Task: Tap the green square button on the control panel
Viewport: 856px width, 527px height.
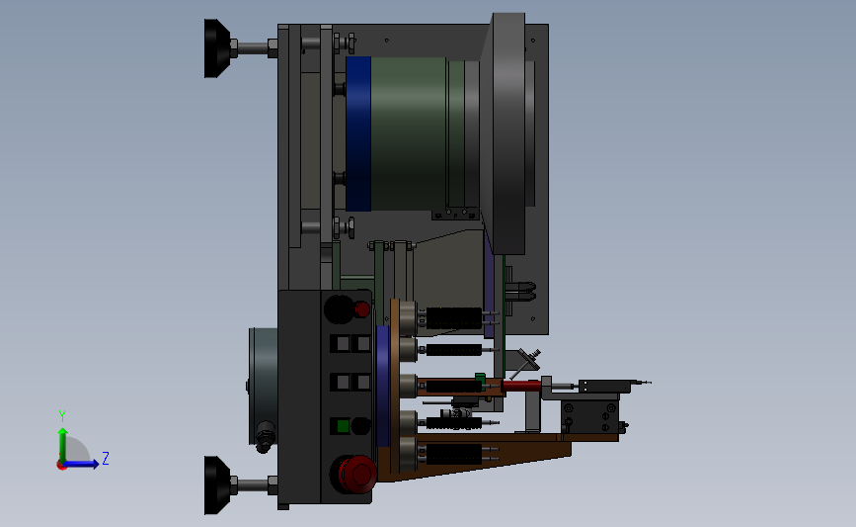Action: (343, 426)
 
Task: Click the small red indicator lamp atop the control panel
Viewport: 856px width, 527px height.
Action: (362, 309)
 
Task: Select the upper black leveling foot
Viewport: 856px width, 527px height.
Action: (217, 48)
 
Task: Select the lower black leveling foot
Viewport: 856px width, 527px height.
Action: (217, 484)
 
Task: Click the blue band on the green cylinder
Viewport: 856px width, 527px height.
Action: (358, 133)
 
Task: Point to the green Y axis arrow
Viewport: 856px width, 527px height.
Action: (63, 446)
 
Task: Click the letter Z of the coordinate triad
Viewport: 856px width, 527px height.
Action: (106, 458)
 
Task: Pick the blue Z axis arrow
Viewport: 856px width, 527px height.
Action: (81, 464)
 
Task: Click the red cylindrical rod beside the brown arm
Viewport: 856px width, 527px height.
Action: (522, 386)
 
